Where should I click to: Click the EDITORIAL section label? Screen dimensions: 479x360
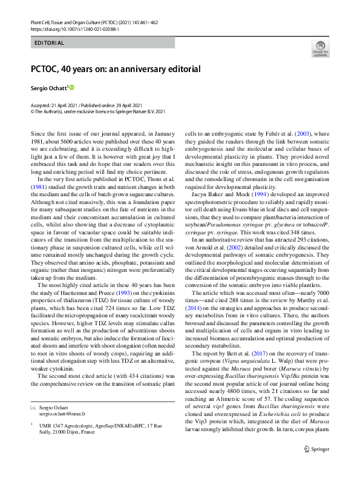[50, 43]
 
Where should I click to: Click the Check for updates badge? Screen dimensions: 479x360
[321, 48]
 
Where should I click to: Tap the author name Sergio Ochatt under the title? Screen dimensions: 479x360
[48, 88]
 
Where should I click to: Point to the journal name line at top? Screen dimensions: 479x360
[94, 21]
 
